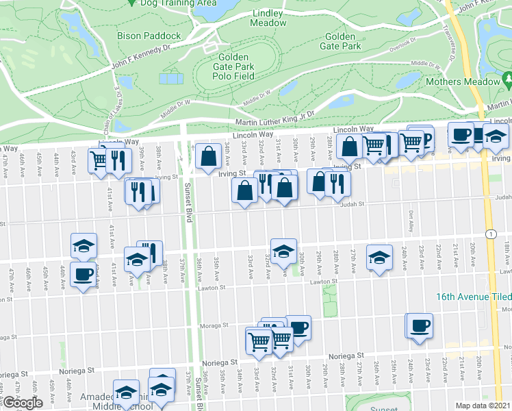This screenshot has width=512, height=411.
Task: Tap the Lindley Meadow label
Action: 268,18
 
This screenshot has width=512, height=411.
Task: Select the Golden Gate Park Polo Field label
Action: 236,67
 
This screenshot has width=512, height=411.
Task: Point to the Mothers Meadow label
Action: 463,82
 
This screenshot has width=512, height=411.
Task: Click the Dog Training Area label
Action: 177,3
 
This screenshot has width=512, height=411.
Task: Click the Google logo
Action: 23,403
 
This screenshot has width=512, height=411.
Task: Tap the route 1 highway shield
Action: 491,234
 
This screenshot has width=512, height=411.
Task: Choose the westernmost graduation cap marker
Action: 84,245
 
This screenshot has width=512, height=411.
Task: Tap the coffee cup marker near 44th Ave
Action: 84,274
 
